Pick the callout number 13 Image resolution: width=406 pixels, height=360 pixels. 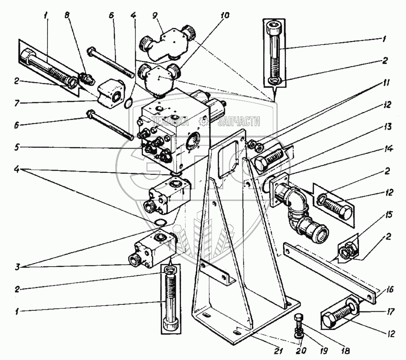tap(389, 127)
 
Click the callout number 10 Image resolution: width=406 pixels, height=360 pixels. tap(225, 16)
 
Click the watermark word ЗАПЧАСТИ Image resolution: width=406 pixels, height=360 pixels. tap(239, 121)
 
